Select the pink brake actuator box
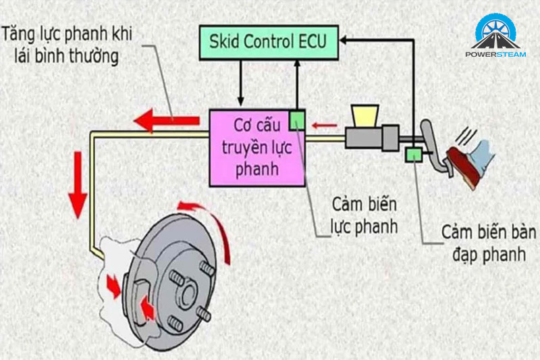(x=256, y=148)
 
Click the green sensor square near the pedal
(x=411, y=155)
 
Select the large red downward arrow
(x=78, y=180)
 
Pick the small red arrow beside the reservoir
(x=327, y=124)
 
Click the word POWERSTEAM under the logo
(x=500, y=57)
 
